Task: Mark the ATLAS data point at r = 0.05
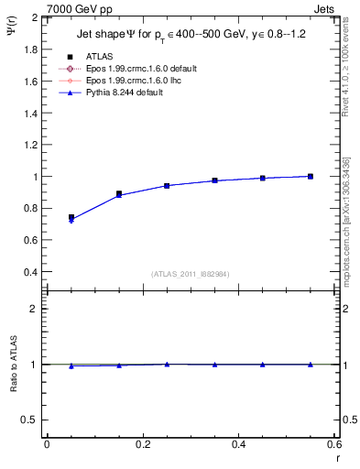click(71, 217)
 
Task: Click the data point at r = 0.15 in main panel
click(119, 194)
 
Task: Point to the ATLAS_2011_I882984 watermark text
click(191, 273)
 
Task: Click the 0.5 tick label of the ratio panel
click(31, 420)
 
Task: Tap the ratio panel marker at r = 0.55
click(311, 365)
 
